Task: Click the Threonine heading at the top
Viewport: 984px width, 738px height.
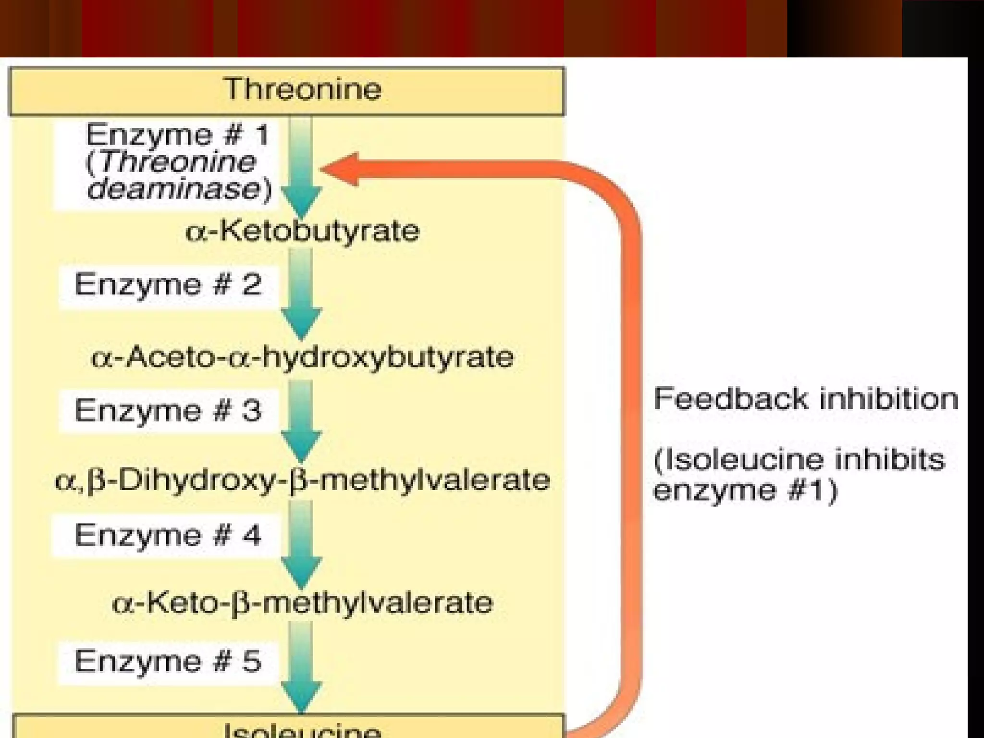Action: coord(303,89)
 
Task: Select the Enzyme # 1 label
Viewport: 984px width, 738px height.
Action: coord(177,135)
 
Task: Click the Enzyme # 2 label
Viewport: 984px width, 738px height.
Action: coord(168,284)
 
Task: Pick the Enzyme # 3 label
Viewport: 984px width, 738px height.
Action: coord(168,411)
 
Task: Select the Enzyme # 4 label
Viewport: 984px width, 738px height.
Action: coord(168,535)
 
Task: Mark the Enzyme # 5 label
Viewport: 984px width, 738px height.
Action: coord(168,661)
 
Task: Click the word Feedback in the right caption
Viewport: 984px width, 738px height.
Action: coord(730,399)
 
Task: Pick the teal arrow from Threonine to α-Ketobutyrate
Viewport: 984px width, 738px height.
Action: coord(301,168)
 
